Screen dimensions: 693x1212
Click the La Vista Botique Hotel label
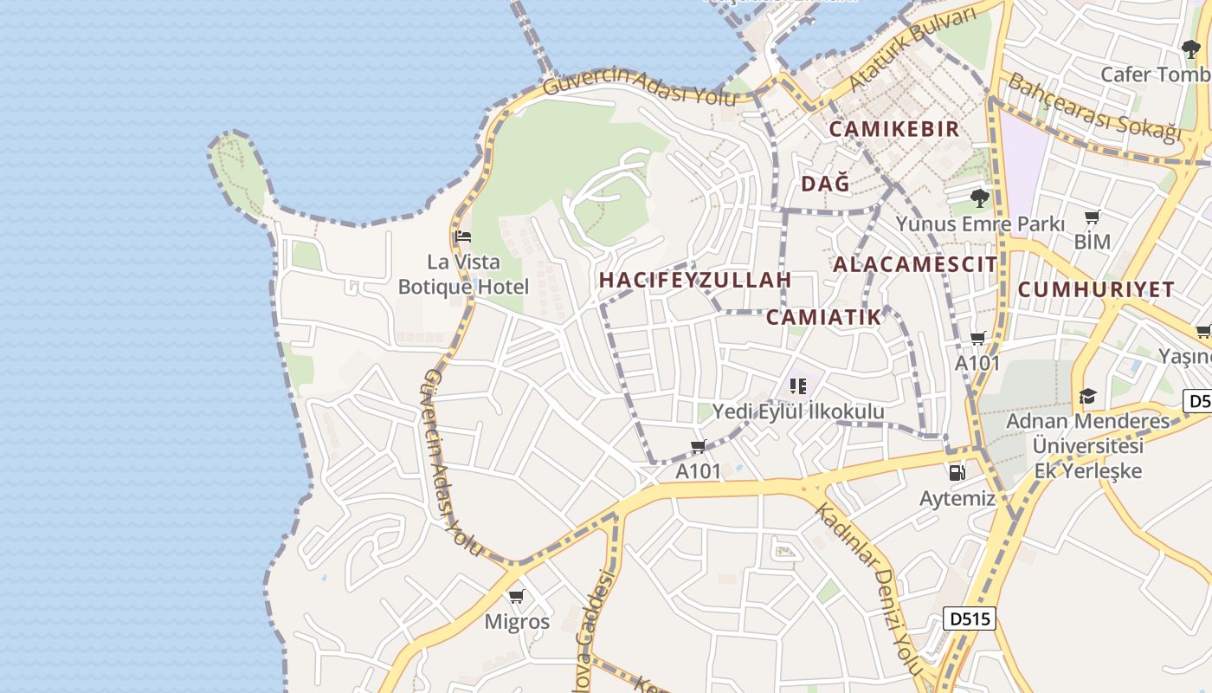click(463, 274)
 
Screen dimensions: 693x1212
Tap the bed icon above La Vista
click(463, 236)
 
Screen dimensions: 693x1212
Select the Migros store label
click(517, 622)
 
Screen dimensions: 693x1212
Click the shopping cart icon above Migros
click(517, 596)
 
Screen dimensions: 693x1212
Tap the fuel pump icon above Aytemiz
click(957, 473)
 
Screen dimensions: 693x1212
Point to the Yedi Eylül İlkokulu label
click(798, 411)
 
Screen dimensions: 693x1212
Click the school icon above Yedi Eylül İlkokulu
click(798, 385)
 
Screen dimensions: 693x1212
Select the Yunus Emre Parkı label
click(980, 223)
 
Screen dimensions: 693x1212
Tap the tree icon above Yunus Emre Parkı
click(980, 198)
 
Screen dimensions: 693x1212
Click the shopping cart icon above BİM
click(1093, 217)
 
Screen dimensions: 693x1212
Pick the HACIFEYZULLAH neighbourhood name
click(695, 280)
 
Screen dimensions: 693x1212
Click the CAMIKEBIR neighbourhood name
click(894, 129)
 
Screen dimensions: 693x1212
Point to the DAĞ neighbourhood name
click(825, 184)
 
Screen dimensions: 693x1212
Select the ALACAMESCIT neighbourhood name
click(915, 264)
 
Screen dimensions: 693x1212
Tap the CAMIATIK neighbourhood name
click(823, 316)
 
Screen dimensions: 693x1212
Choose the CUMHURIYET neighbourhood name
click(1096, 289)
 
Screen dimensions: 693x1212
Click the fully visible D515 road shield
click(970, 619)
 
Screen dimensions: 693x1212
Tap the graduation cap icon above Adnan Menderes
click(1087, 397)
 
